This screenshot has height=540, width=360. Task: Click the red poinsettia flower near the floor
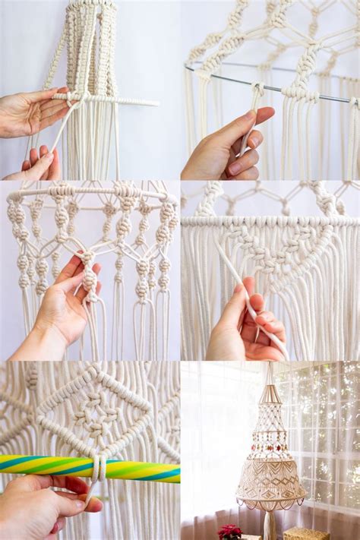point(229,531)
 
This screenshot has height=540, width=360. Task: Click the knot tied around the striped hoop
point(97,468)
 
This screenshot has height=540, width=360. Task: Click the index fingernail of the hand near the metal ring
point(250,116)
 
